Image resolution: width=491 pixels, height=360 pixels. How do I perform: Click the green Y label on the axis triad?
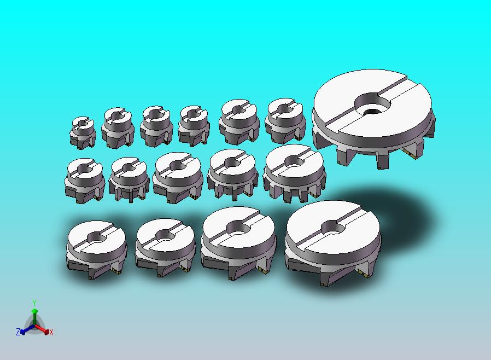[x=34, y=303]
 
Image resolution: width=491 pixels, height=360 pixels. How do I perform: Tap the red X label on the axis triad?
[x=51, y=332]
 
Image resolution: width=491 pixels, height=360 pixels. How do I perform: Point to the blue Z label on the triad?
[x=18, y=332]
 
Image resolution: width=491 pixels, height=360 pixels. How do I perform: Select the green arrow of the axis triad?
[x=34, y=317]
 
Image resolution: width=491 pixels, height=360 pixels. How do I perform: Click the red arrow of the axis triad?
[x=42, y=329]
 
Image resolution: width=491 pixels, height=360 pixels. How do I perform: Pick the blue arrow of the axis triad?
[x=27, y=329]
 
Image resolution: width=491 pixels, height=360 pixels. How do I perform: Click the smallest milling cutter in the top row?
[x=83, y=132]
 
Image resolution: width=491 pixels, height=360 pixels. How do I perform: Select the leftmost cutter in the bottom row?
[x=97, y=249]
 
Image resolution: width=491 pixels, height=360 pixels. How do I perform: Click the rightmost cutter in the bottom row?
[x=333, y=243]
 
